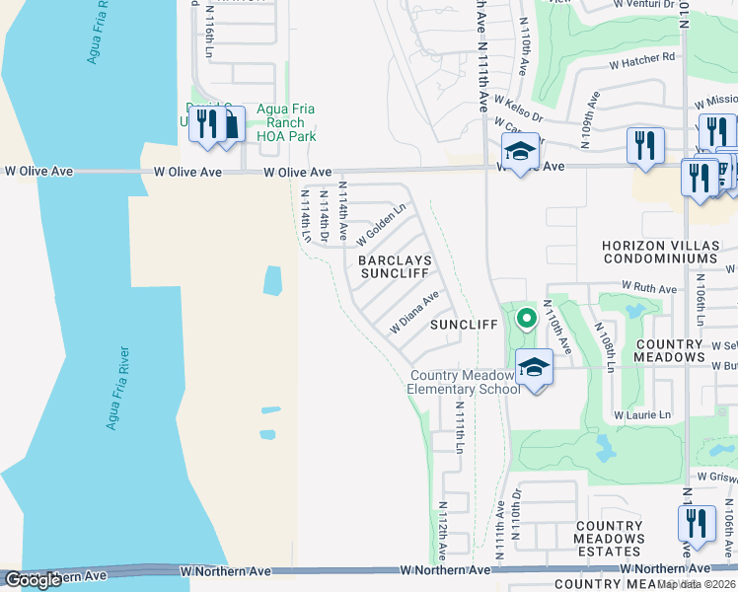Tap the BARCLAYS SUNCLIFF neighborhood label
pyautogui.click(x=395, y=267)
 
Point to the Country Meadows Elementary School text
pyautogui.click(x=463, y=382)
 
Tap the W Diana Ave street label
pyautogui.click(x=414, y=312)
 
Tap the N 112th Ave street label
pyautogui.click(x=442, y=533)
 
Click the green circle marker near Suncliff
pyautogui.click(x=527, y=318)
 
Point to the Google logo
pyautogui.click(x=33, y=580)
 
